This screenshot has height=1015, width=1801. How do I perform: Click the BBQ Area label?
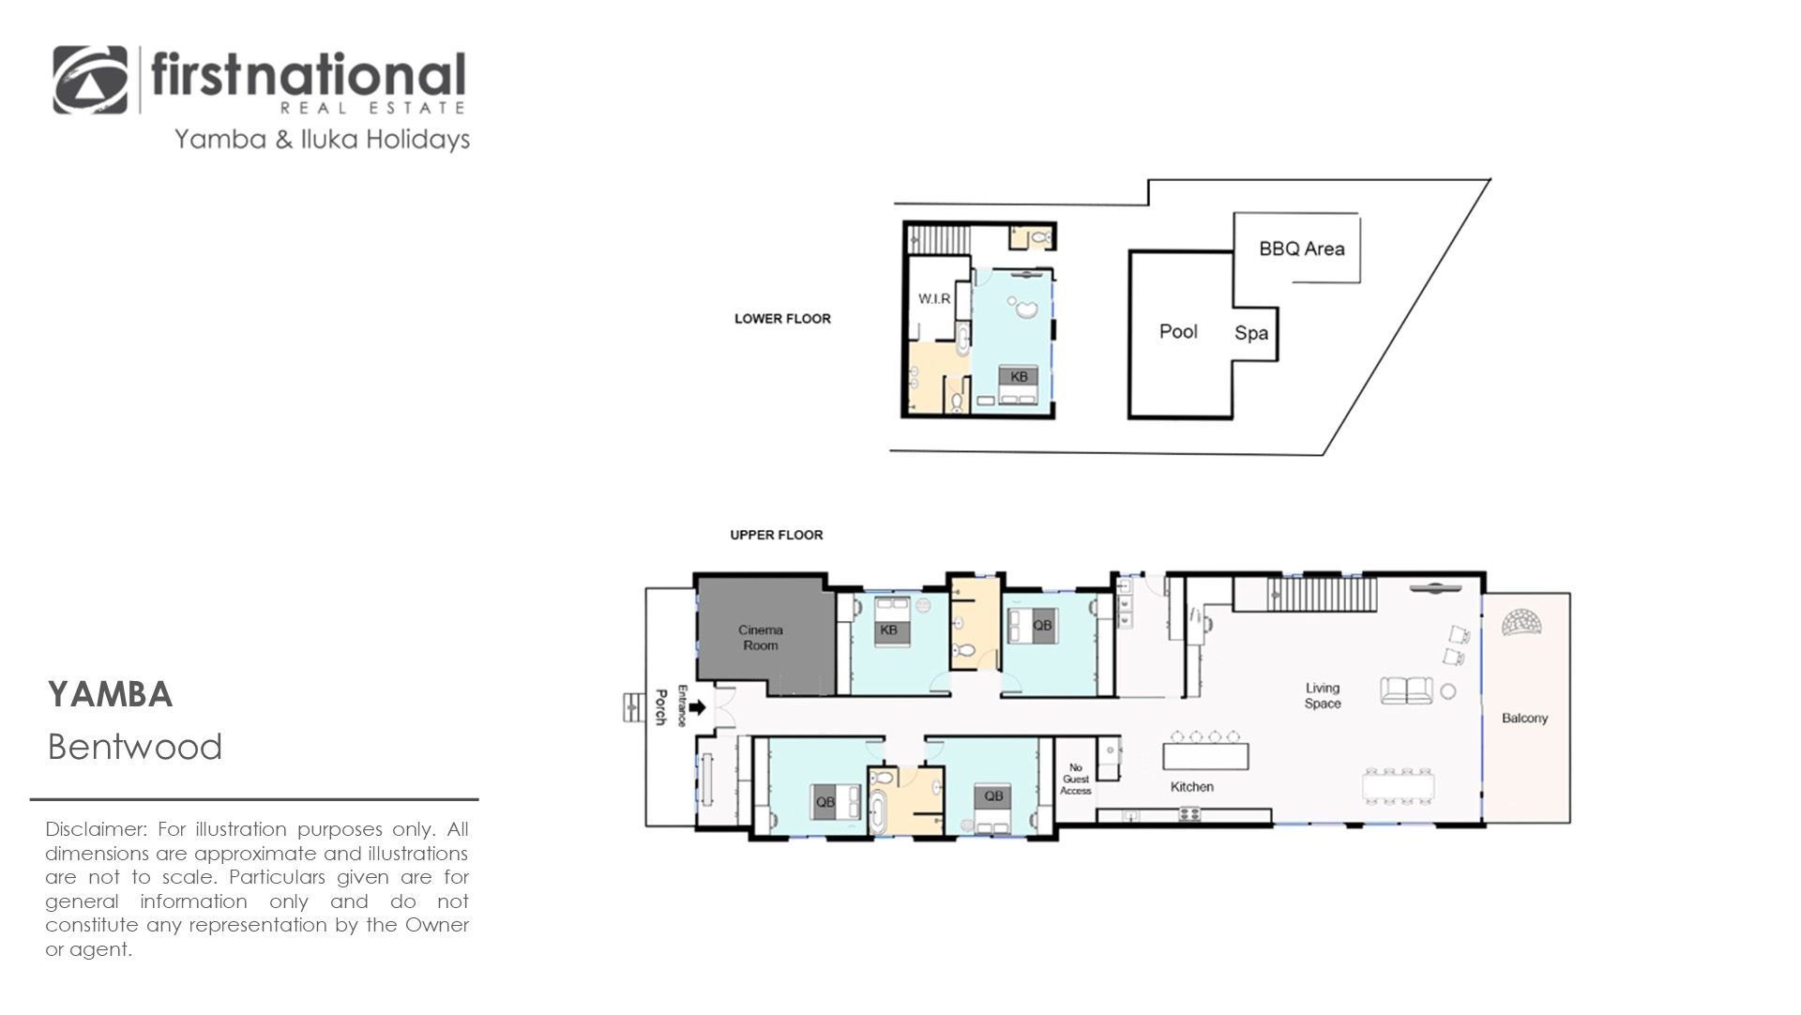(1301, 249)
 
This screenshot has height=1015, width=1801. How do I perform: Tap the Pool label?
(1178, 331)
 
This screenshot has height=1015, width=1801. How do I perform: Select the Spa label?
(1251, 333)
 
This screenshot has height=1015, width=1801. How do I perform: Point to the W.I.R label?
(933, 298)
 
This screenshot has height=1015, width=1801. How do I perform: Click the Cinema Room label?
(760, 638)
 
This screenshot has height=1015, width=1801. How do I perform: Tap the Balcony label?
(1524, 719)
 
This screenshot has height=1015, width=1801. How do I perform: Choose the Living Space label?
(1323, 695)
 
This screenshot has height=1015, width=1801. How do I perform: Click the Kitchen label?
(1191, 787)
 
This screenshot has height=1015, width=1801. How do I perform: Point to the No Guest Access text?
(1076, 780)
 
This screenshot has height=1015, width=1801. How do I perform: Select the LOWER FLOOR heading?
(782, 319)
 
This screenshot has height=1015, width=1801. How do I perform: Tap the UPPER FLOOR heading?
(777, 536)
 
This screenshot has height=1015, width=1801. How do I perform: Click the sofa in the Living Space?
(1406, 690)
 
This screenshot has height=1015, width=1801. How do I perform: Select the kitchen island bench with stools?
(1205, 751)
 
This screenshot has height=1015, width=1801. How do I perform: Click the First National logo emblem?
(90, 81)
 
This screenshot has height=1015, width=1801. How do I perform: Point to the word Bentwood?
(135, 748)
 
